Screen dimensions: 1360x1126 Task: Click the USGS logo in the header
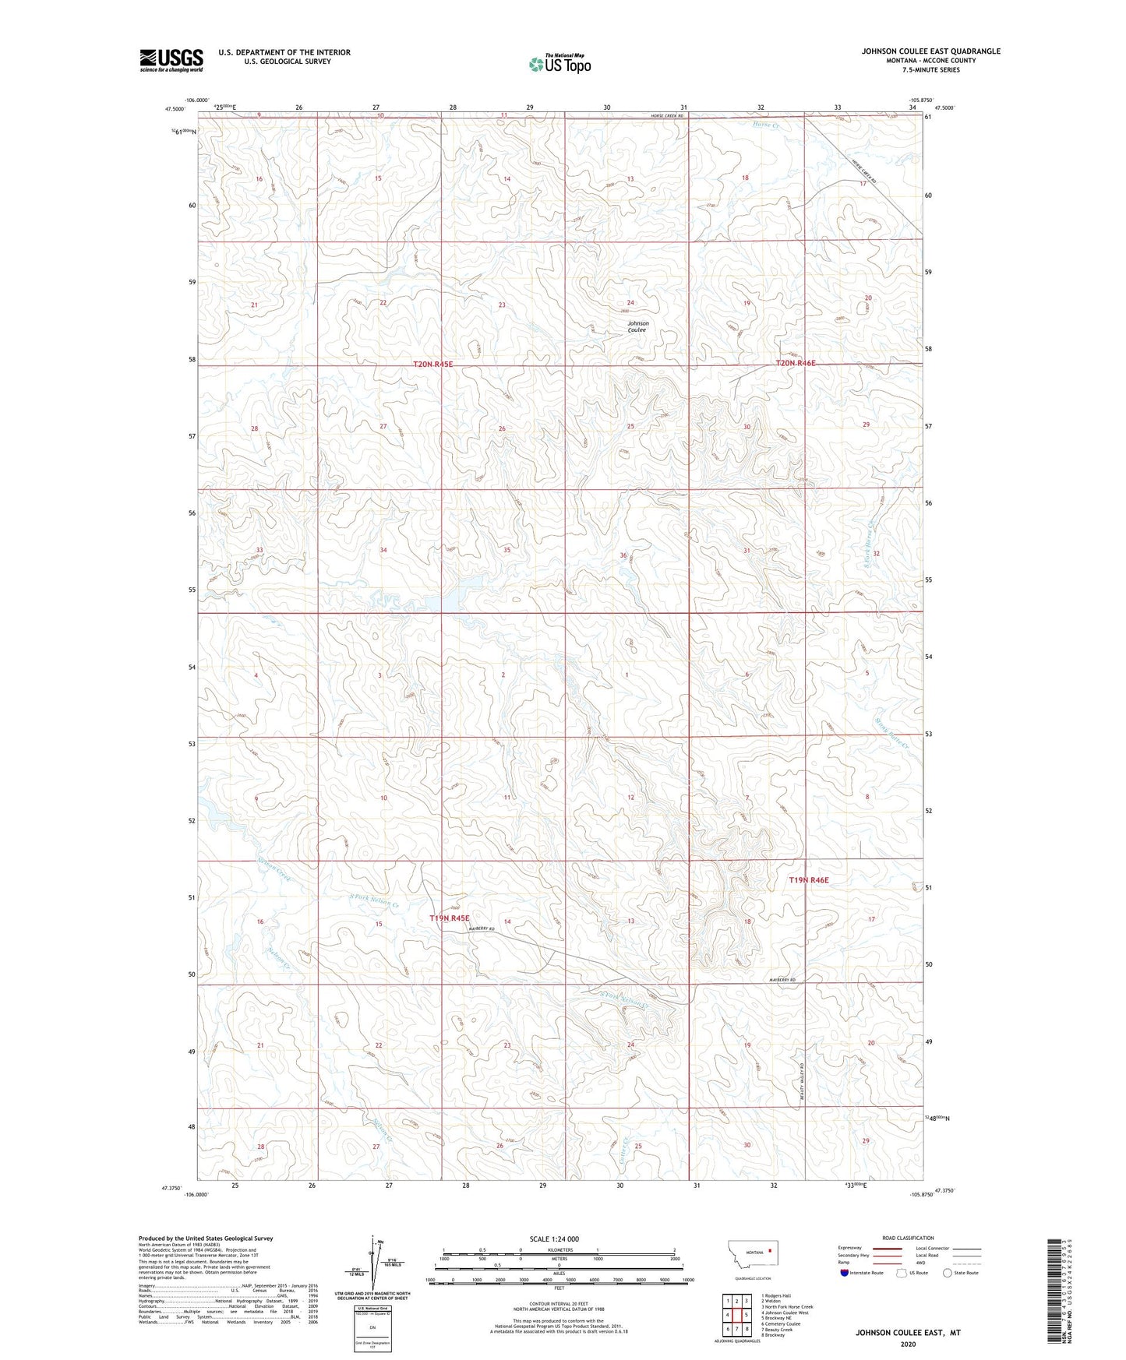click(x=171, y=60)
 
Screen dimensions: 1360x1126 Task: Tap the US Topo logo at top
click(x=559, y=65)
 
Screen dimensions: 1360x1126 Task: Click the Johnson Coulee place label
click(x=637, y=326)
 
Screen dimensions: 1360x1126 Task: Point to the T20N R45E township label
click(x=432, y=364)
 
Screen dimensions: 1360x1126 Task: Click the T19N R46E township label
click(x=809, y=879)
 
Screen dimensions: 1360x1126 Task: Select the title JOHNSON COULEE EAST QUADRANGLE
click(x=930, y=51)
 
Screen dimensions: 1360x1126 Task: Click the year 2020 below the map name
click(x=907, y=1344)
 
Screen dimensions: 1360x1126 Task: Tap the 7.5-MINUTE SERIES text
click(x=930, y=70)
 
